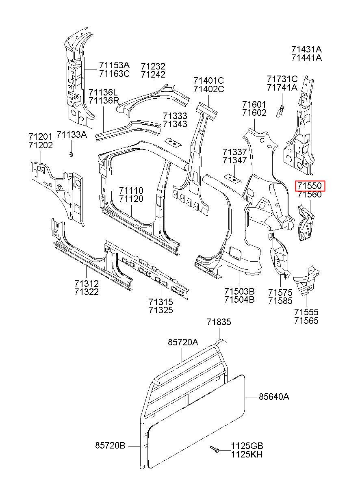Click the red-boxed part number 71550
coord(309,186)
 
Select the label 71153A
coord(114,65)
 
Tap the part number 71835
coord(219,322)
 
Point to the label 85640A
coord(274,397)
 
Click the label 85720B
coord(110,445)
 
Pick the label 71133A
coord(72,134)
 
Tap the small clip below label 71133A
coord(71,154)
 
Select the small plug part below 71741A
coord(280,111)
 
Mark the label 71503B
coord(239,291)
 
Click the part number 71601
coord(254,104)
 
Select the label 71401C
coord(209,80)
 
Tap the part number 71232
coord(153,66)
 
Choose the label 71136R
coord(104,101)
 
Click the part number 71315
coord(161,302)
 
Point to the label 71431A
coord(307,49)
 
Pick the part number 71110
coord(131,191)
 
